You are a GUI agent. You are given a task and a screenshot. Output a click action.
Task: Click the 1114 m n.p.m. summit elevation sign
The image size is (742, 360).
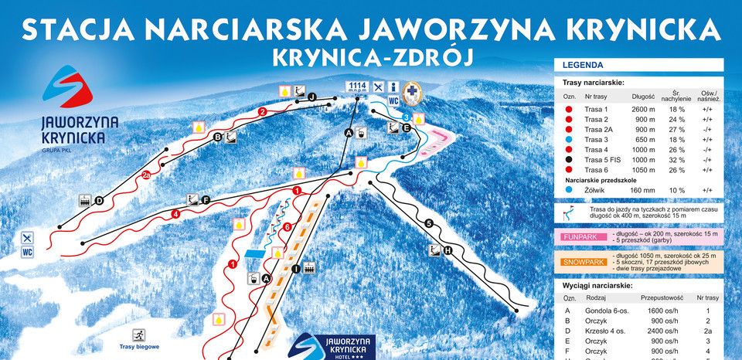pos(356,87)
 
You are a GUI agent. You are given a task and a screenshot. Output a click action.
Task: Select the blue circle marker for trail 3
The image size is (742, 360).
pos(407,117)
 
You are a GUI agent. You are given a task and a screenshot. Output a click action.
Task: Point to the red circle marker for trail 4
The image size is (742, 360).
pos(176,213)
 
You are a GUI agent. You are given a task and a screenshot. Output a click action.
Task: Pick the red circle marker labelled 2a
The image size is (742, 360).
pos(147,175)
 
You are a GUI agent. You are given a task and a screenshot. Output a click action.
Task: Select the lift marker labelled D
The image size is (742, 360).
pos(99,201)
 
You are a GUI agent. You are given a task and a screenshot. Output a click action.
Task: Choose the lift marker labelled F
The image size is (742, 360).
pos(206,200)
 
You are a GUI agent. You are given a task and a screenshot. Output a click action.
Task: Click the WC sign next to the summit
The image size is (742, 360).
pos(393,100)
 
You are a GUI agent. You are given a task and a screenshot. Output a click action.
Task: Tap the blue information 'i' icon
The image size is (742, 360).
pos(393,87)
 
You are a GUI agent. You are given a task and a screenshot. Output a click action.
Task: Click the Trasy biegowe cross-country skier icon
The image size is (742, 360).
pos(140,335)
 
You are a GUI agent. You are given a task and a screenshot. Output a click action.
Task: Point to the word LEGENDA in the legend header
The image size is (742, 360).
pos(583,66)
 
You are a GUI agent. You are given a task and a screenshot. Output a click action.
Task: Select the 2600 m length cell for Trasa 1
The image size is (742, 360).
pos(643,110)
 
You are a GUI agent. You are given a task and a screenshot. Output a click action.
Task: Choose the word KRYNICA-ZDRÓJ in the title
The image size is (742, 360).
pos(370,56)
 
